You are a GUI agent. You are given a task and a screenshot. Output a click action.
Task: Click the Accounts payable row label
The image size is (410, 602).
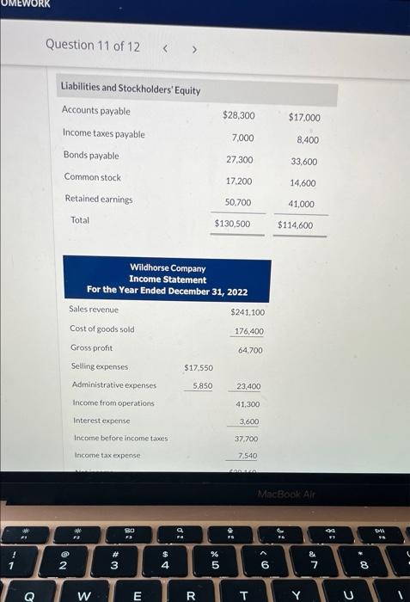click(x=96, y=111)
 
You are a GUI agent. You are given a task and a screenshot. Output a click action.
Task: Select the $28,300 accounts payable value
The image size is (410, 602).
click(x=238, y=115)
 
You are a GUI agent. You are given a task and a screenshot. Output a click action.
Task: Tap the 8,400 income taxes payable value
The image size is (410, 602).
click(x=307, y=139)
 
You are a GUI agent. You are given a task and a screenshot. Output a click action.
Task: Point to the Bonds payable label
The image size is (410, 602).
click(x=91, y=156)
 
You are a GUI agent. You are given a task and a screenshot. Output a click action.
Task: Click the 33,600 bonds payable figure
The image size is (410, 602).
click(x=303, y=162)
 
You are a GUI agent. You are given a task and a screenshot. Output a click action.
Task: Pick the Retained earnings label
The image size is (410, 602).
click(x=99, y=199)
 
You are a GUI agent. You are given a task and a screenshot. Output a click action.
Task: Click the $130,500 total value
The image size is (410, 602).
click(x=232, y=224)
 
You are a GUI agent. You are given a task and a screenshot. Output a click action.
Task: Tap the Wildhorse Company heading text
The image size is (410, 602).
click(x=168, y=268)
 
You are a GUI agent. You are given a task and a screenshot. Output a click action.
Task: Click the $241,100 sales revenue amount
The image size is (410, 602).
click(x=248, y=313)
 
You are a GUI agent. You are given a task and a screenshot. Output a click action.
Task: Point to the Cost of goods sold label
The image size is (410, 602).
click(x=102, y=329)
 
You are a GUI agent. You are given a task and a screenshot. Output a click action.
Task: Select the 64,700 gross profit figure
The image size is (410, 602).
click(x=250, y=350)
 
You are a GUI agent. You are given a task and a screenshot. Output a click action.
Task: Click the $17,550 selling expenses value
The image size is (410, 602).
click(x=199, y=368)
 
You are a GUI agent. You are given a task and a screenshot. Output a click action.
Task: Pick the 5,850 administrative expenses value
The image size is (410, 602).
click(x=203, y=386)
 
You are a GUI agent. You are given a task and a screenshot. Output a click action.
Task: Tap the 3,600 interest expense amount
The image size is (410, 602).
click(x=248, y=421)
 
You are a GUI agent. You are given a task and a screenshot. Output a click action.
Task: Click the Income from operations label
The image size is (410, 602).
click(x=113, y=402)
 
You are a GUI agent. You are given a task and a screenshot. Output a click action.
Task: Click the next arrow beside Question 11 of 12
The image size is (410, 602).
click(x=193, y=48)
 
